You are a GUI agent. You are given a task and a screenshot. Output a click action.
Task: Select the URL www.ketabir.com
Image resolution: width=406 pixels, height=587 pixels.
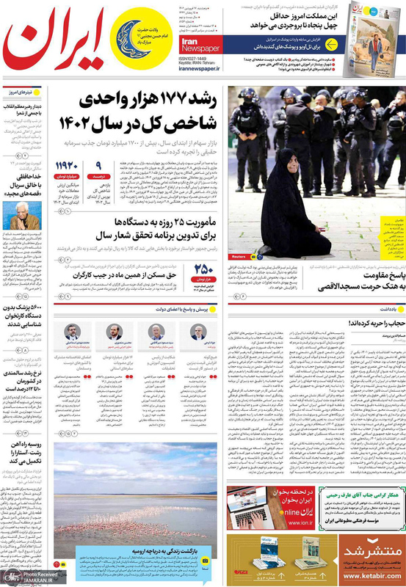[x=372, y=577]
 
